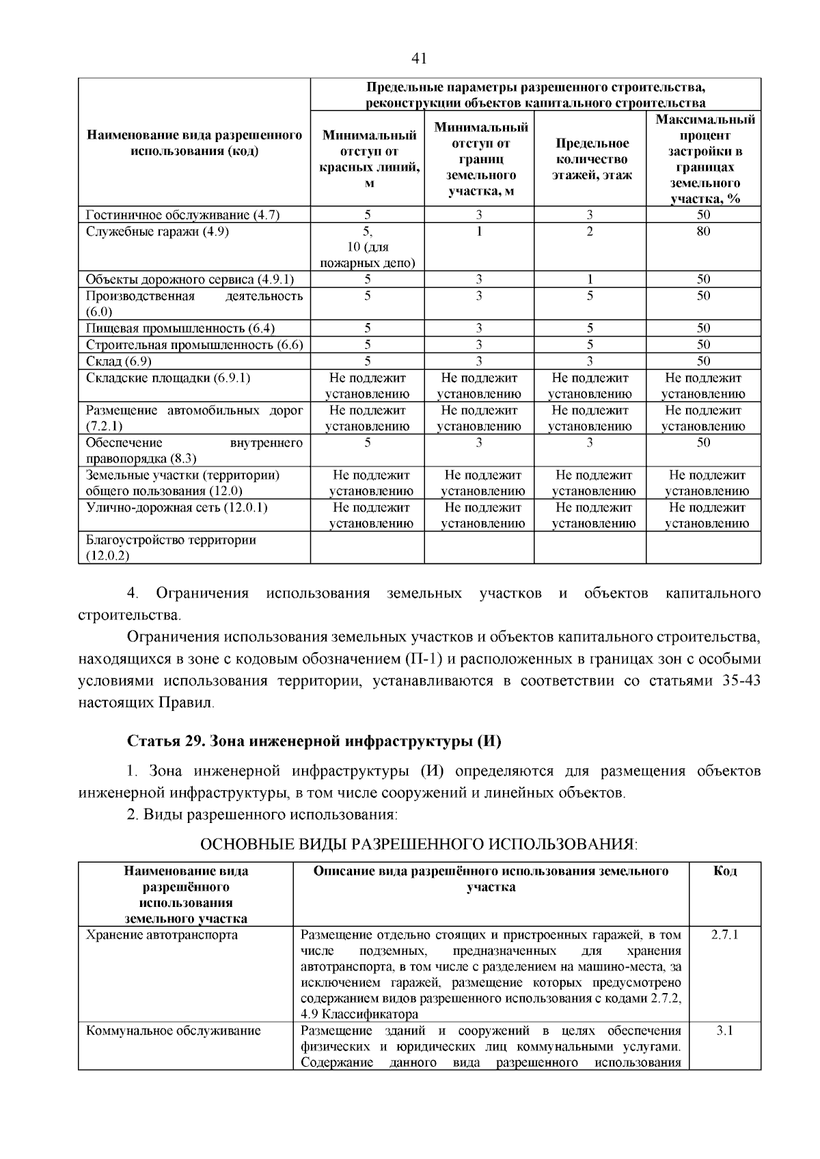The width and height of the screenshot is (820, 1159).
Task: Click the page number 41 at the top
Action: click(x=419, y=59)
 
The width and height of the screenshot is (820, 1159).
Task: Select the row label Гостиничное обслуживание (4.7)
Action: click(x=182, y=215)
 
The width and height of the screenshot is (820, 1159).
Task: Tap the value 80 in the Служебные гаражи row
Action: click(x=703, y=232)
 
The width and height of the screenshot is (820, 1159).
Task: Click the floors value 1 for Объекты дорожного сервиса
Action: click(x=590, y=279)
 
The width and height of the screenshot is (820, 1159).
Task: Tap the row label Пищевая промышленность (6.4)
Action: click(x=180, y=329)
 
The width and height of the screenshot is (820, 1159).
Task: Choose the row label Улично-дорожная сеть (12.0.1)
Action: click(x=176, y=507)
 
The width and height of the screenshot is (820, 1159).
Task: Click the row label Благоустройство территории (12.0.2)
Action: click(x=171, y=548)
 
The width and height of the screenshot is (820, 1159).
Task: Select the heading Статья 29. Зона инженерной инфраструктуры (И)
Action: click(x=314, y=741)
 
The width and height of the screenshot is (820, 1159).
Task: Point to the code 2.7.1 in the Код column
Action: click(x=724, y=934)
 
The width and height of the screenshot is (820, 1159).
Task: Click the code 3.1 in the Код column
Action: click(x=724, y=1031)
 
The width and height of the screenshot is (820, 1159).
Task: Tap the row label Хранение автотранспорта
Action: click(x=162, y=934)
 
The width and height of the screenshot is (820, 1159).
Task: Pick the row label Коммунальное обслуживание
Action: click(x=173, y=1031)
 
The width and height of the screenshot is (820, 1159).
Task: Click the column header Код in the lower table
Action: click(x=724, y=871)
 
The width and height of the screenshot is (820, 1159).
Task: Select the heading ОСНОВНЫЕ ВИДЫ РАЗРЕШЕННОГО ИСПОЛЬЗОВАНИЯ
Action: click(x=418, y=844)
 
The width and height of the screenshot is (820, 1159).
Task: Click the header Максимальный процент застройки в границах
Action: click(x=705, y=159)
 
